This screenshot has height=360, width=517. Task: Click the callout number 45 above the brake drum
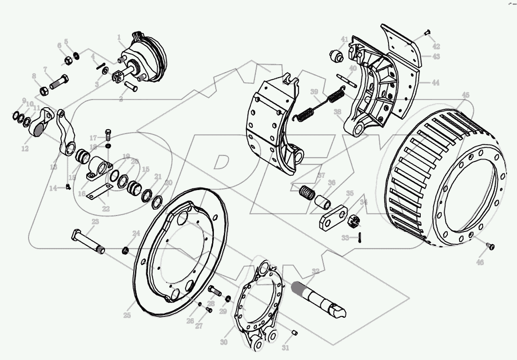466,95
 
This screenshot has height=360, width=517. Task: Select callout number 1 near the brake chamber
118,37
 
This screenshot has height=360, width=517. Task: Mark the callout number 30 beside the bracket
223,342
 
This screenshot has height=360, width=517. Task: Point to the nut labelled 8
44,91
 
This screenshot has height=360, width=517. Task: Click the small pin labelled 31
294,333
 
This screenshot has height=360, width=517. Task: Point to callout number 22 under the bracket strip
106,209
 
